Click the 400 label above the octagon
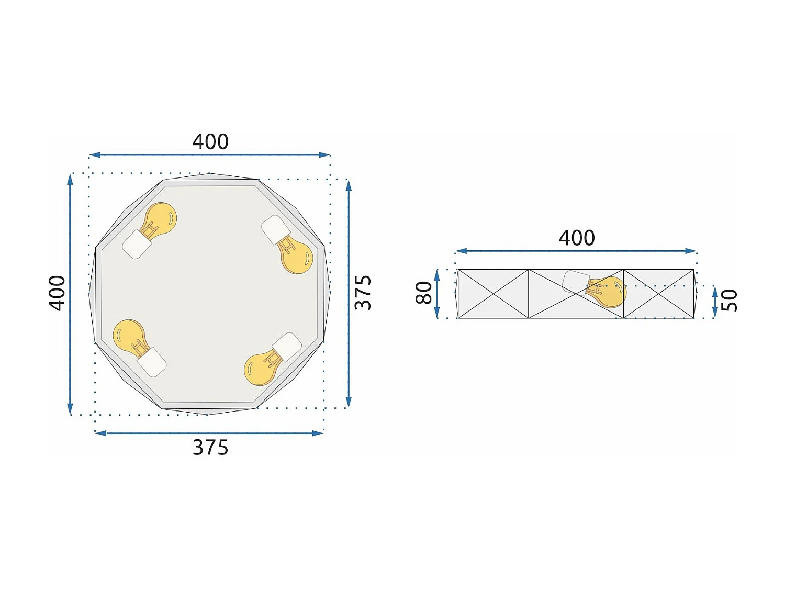coord(210,142)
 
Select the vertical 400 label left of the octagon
coord(57,293)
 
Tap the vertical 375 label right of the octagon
coord(363,293)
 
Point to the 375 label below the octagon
coord(210,448)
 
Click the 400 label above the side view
coord(577,238)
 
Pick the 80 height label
coord(424,293)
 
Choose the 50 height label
coord(729,301)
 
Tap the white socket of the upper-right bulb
coord(276,229)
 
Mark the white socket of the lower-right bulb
coord(287,346)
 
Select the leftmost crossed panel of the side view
coord(493,294)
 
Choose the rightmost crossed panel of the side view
coord(659,294)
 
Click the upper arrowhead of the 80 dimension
coord(437,273)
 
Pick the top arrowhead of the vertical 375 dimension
coord(349,184)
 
